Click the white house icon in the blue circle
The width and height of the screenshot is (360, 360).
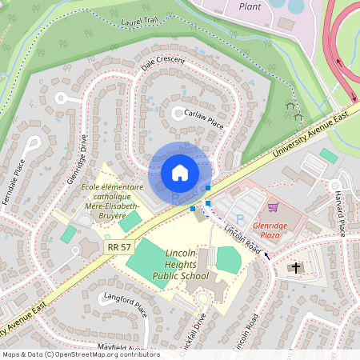click(180, 173)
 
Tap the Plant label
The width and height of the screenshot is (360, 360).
click(250, 6)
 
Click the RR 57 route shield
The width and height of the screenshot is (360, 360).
click(118, 247)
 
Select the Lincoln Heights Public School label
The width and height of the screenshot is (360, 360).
click(181, 264)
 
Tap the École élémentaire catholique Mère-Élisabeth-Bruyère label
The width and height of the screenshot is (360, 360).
click(103, 201)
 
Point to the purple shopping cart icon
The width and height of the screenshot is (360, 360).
click(272, 206)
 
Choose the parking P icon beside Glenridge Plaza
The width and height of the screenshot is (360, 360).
click(239, 219)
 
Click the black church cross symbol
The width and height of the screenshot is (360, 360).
click(296, 266)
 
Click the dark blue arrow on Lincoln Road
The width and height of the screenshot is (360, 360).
click(268, 258)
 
